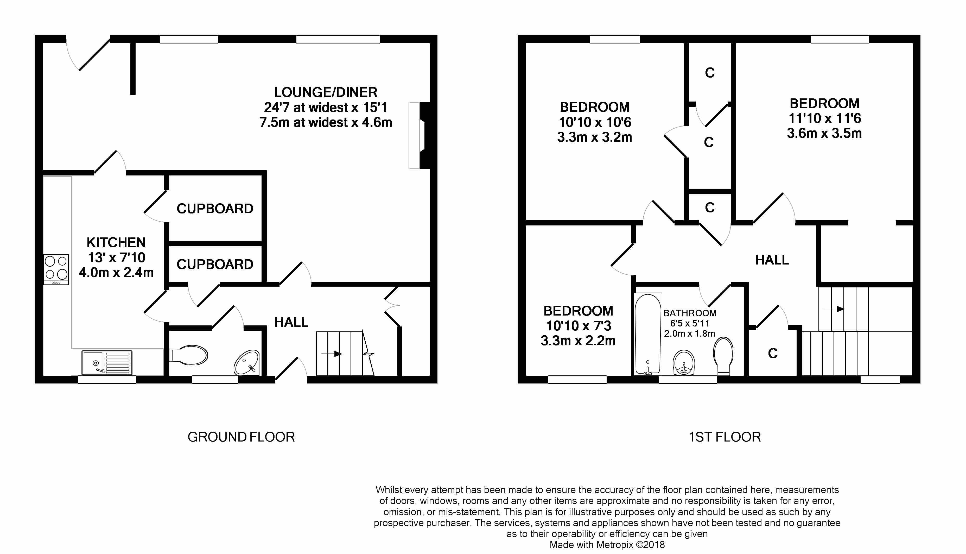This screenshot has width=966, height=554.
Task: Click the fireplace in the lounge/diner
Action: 419,135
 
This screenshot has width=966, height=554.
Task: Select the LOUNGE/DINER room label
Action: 326,92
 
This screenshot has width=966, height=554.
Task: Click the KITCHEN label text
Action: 116,242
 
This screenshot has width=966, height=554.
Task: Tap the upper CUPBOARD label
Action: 215,209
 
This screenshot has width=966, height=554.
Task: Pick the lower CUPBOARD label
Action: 215,264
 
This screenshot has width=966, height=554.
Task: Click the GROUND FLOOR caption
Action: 241,437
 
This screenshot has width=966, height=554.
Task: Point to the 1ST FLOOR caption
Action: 724,437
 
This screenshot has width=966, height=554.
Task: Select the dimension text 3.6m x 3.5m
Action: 824,133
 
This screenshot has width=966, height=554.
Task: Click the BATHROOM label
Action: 690,313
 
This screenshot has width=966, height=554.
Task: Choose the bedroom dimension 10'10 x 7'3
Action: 579,326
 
